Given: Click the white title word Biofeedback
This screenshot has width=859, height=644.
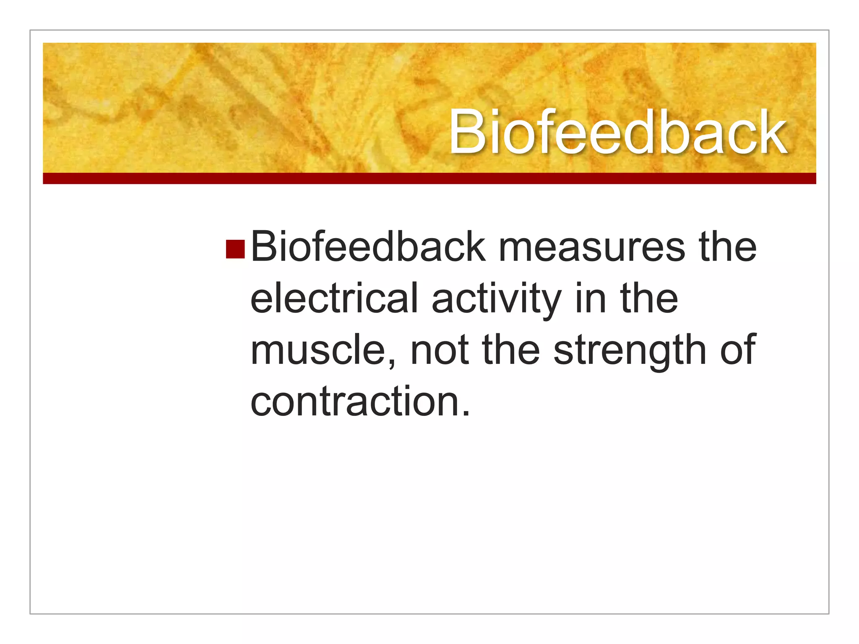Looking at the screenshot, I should tap(617, 132).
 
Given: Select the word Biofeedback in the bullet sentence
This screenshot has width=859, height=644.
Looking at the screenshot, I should tap(368, 247).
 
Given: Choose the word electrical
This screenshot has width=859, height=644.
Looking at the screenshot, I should tap(334, 299).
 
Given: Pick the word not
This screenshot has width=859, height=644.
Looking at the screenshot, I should tap(439, 351).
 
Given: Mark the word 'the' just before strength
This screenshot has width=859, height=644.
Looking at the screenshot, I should tap(511, 351).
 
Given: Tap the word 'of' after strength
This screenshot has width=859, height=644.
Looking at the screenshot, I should tap(738, 351).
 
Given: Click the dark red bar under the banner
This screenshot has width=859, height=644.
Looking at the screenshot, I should tap(429, 178).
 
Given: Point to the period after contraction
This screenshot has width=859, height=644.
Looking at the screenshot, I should tap(466, 413).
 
